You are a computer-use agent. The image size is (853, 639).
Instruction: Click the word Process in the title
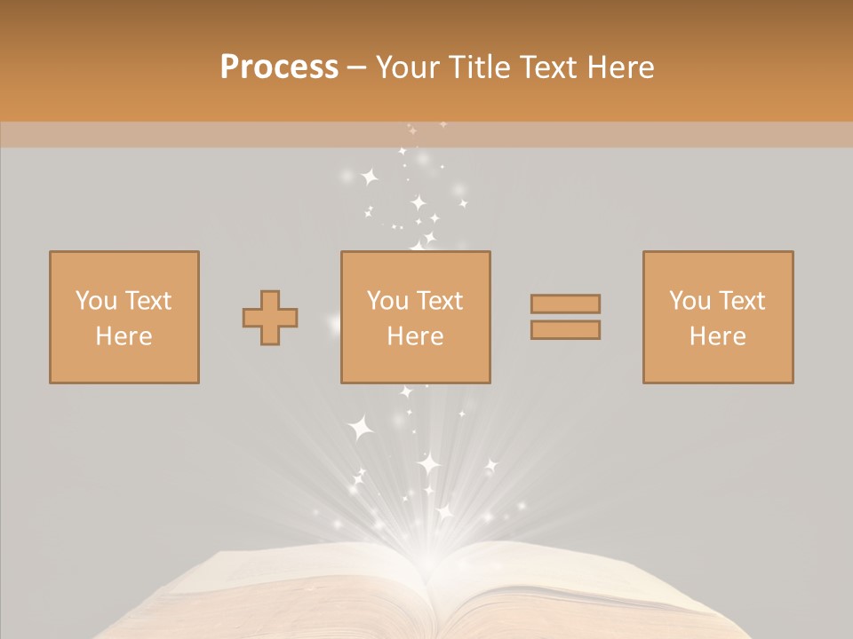coord(279,67)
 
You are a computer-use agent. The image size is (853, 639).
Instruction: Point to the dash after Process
coord(357,67)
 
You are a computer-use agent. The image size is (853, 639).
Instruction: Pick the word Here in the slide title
coord(626,67)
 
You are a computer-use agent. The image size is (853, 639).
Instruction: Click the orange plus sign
coord(270,318)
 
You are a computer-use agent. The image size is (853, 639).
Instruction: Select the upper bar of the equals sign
coord(565,304)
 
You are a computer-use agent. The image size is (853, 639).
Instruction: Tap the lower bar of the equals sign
coord(565,330)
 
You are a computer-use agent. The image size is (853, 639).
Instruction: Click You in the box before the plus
coord(95,301)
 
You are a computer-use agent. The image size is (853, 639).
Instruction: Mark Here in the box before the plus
coord(124,336)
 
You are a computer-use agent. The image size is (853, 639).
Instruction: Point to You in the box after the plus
coord(387,301)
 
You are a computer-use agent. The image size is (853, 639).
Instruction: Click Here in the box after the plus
coord(415,336)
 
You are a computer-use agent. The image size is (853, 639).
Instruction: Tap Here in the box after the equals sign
coord(717,336)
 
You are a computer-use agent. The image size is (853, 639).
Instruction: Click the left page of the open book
coord(293,595)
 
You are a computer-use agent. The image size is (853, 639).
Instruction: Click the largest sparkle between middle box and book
coord(361,429)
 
